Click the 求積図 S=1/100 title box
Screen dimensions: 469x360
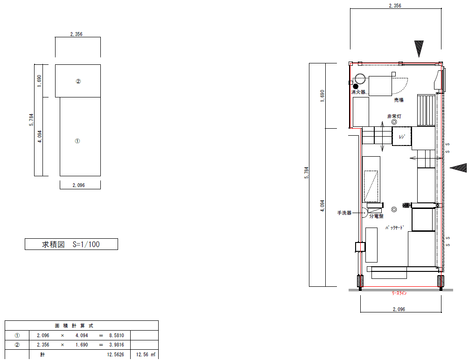click(x=71, y=244)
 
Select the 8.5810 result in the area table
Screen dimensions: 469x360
click(x=116, y=335)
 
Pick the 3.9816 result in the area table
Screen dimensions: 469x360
click(x=116, y=345)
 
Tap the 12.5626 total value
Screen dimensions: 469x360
click(x=115, y=354)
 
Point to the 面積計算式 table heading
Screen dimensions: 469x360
click(x=74, y=325)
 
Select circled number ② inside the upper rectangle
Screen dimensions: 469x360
click(x=78, y=81)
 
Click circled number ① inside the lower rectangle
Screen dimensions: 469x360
click(x=77, y=141)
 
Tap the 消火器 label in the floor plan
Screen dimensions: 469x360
click(x=358, y=92)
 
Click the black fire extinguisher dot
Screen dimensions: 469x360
click(x=356, y=86)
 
